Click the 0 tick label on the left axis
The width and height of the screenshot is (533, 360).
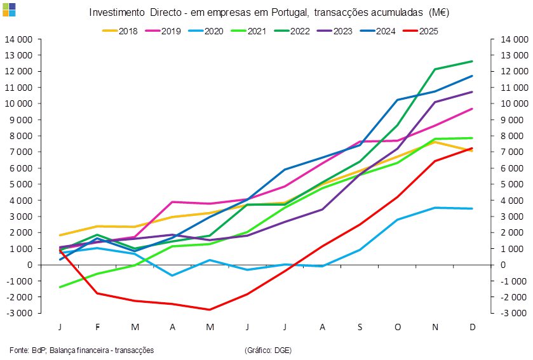[x=30, y=265]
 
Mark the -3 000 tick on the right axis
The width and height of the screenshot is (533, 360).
[x=513, y=313]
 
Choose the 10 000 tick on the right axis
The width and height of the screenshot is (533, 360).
[x=513, y=103]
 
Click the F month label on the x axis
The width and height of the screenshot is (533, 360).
[x=98, y=326]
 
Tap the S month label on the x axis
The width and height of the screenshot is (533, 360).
[x=360, y=326]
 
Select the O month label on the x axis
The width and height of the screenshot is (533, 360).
[x=398, y=326]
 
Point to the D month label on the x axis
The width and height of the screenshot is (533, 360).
[x=473, y=326]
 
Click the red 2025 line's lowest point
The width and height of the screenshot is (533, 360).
[x=210, y=310]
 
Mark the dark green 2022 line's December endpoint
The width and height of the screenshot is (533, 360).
[x=472, y=61]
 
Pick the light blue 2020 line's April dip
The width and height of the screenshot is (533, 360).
[x=172, y=275]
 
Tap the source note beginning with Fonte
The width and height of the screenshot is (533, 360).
[x=82, y=350]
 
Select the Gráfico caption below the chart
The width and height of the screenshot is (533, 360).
[x=267, y=350]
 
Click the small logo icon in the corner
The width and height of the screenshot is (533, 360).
[x=9, y=8]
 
